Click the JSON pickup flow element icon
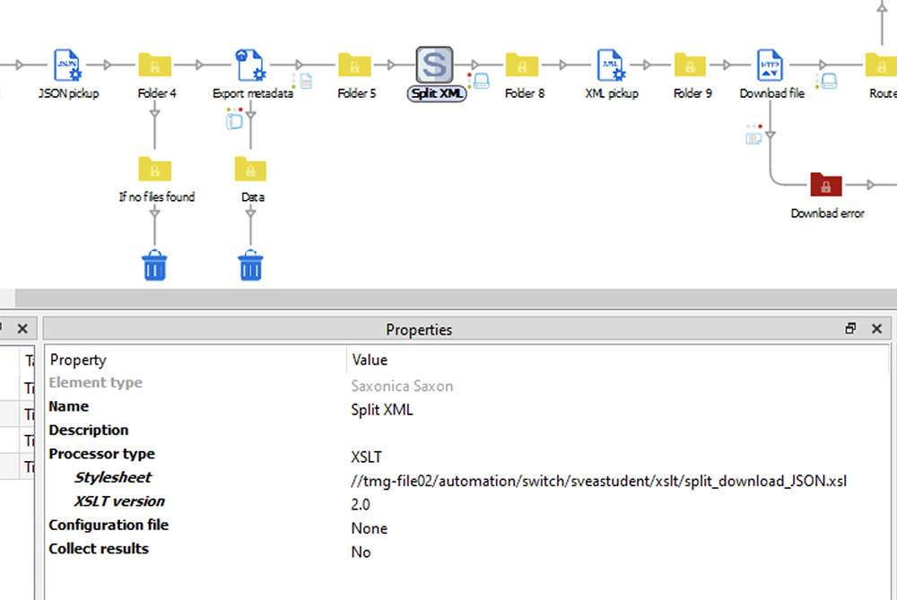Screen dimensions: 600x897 coord(67,65)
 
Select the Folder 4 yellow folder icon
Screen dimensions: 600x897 coord(155,65)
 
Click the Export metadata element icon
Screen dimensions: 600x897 coord(250,65)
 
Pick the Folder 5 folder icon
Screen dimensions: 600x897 coord(354,65)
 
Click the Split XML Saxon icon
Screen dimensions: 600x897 coord(434,65)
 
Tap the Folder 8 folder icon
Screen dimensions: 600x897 coord(522,65)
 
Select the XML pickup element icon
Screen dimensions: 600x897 coord(611,65)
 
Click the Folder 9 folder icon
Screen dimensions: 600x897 coord(691,65)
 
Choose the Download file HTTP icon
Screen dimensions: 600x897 coord(771,65)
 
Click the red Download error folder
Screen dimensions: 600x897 coord(826,185)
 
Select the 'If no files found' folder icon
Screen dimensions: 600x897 coord(155,169)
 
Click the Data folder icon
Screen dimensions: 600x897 coord(250,169)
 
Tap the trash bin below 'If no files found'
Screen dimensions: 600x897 coord(155,265)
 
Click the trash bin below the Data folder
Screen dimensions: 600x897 coord(250,265)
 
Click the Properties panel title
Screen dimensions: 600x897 coord(419,329)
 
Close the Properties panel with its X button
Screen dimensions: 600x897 coord(877,329)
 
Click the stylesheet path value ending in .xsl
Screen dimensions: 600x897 coord(598,482)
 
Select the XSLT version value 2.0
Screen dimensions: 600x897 coord(361,505)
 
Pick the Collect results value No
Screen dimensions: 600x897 coord(361,552)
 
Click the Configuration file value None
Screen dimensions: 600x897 coord(369,528)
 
